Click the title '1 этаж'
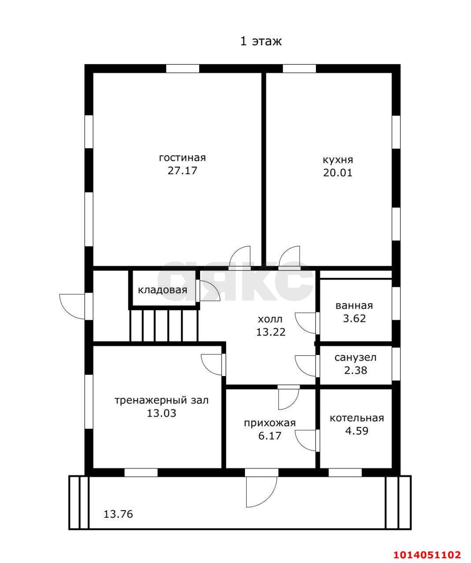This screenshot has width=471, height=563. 261,41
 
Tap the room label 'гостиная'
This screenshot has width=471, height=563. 182,157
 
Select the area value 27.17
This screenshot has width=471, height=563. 182,171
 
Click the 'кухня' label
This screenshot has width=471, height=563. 338,160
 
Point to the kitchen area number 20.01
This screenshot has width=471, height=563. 338,173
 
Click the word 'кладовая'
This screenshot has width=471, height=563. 163,290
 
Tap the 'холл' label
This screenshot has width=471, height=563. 271,319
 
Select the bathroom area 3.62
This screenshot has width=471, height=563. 354,318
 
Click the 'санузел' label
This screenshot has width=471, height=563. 356,358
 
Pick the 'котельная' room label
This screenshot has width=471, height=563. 357,418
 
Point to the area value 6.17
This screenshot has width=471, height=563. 270,435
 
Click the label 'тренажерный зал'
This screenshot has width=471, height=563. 162,400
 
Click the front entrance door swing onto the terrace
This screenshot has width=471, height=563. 261,492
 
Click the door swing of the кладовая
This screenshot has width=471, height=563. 208,291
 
